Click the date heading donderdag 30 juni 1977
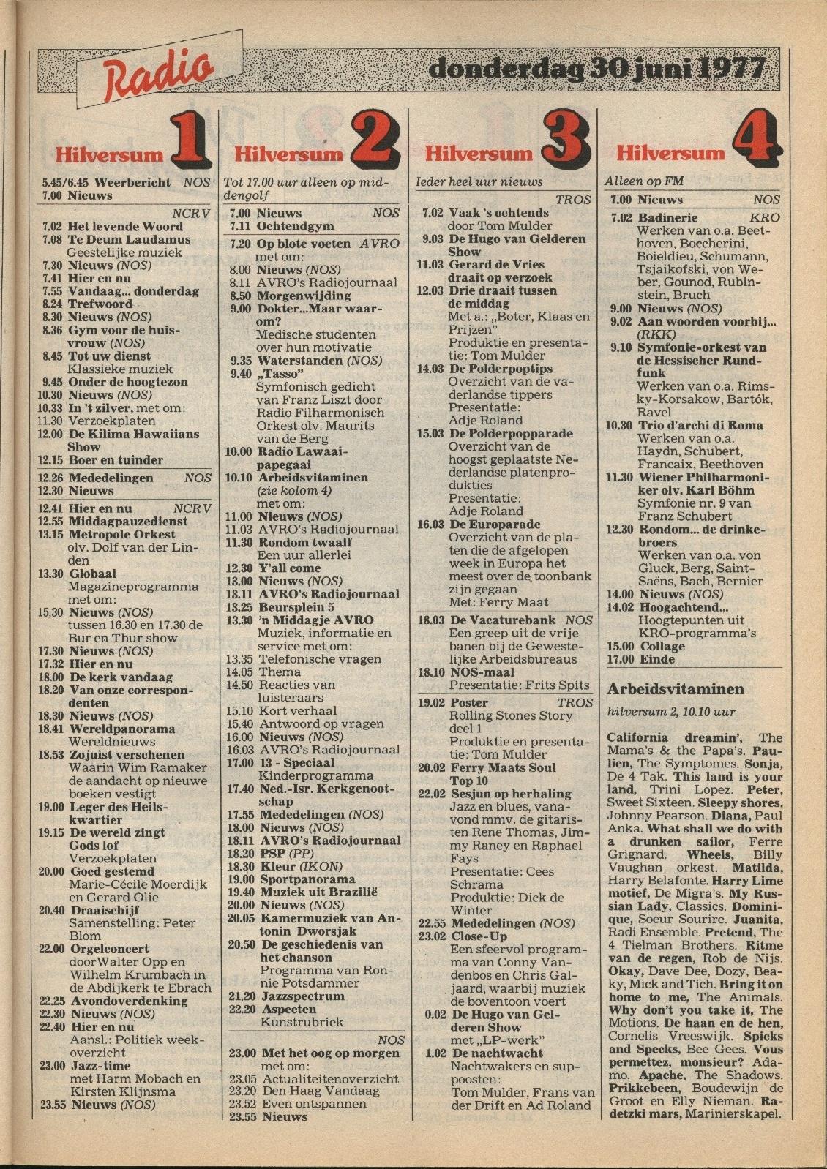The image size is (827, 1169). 596,69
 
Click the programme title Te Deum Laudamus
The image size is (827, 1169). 129,239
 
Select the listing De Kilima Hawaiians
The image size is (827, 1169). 133,434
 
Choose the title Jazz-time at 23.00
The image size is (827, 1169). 100,1066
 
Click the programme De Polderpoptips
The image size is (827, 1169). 501,369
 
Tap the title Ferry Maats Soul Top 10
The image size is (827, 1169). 503,768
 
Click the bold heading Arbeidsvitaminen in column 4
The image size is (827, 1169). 676,689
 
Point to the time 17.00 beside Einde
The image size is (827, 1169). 619,659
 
